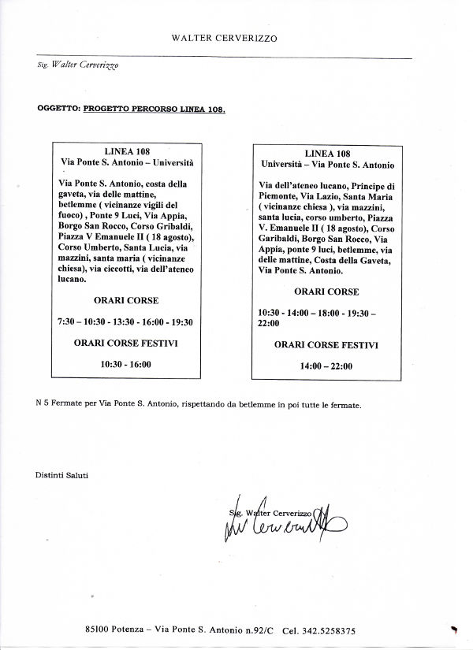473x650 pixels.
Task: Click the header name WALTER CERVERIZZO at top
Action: coord(225,37)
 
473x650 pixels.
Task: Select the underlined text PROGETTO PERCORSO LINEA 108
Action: coord(154,110)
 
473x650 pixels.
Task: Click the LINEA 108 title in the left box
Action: coord(127,150)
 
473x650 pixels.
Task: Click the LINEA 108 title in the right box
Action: coord(327,153)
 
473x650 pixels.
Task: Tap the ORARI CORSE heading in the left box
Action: coord(126,301)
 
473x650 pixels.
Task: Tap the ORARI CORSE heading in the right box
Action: coord(326,292)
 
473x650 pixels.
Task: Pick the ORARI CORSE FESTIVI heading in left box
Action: coord(126,343)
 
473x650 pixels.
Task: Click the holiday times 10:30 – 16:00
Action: coord(126,364)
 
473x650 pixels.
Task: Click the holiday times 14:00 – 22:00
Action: coord(326,366)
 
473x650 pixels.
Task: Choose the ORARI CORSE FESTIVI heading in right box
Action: coord(326,344)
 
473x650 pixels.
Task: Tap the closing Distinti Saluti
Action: coord(62,475)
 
